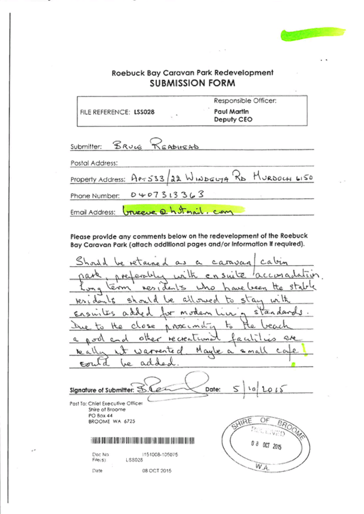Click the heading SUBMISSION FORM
[x=193, y=83]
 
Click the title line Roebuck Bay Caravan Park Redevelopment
[x=193, y=73]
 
